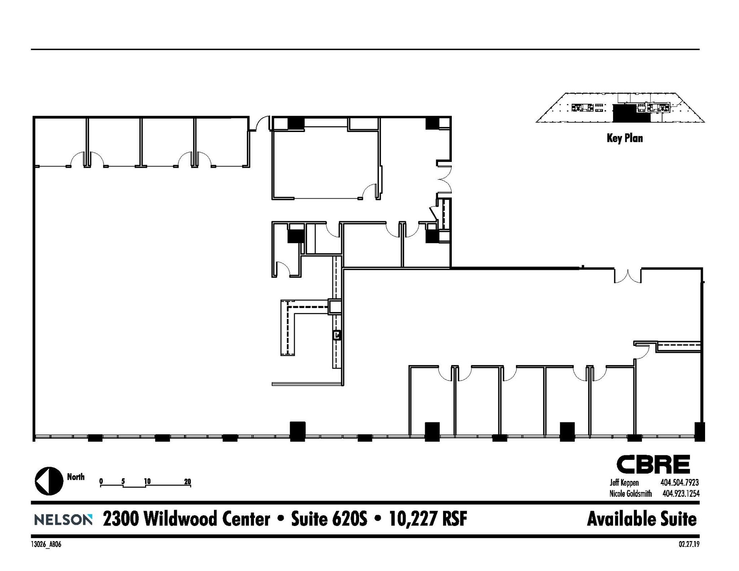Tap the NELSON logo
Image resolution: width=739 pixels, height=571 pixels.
pos(63,520)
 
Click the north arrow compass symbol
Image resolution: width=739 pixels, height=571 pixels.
pos(49,481)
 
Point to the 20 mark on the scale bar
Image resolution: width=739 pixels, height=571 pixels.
pos(187,481)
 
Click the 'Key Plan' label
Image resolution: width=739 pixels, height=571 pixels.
pos(625,138)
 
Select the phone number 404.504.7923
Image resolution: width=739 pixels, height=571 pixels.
pos(679,483)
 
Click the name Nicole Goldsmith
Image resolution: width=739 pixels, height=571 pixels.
pos(630,493)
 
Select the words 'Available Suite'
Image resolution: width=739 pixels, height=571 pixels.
pos(642,519)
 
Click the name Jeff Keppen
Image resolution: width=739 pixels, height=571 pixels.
pos(624,483)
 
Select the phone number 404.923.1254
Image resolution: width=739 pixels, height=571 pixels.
pos(681,493)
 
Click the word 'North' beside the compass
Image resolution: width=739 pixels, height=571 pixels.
pos(76,477)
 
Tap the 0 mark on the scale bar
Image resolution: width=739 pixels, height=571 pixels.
pos(101,481)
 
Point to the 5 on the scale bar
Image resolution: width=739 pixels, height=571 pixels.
pos(123,481)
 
